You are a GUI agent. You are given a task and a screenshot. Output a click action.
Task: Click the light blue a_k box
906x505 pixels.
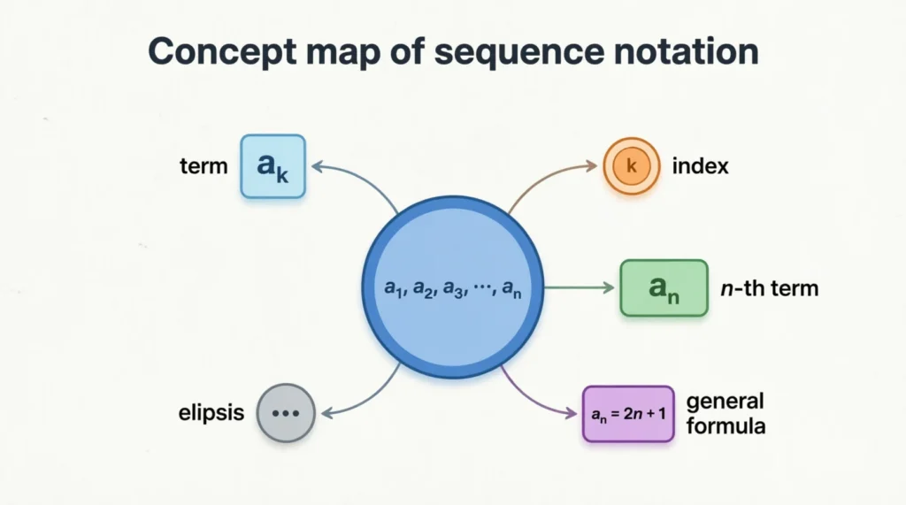point(273,165)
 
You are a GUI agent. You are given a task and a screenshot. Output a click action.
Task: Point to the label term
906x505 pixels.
point(203,165)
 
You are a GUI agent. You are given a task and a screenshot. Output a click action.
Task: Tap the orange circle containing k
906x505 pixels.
point(632,165)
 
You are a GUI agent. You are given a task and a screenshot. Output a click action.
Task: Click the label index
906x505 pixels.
point(700,165)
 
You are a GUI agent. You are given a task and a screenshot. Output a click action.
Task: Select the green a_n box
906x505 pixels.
point(664,287)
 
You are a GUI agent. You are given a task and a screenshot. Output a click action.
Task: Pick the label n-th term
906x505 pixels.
point(769,288)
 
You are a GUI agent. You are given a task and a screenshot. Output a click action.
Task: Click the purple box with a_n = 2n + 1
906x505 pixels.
point(628,413)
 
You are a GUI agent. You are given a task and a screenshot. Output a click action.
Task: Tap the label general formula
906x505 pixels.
point(726,413)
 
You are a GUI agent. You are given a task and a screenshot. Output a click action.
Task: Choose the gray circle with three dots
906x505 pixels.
point(286,413)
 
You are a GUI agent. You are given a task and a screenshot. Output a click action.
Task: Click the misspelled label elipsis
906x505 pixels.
point(211,413)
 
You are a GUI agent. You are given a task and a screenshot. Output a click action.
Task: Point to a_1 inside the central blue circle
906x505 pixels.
point(393,287)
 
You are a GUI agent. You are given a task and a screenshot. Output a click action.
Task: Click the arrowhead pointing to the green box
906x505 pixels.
point(609,287)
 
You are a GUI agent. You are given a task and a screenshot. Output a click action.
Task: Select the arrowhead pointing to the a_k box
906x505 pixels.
point(319,165)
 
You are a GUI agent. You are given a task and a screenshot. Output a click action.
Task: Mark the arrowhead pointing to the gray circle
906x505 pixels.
point(325,411)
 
